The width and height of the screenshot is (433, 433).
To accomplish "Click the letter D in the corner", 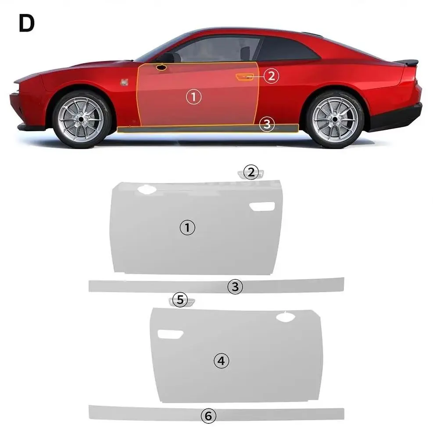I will [x=26, y=24].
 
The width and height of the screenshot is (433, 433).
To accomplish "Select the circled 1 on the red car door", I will [x=194, y=97].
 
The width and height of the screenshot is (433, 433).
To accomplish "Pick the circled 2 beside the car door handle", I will [x=272, y=76].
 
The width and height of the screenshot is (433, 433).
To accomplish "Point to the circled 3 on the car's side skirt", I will [x=266, y=124].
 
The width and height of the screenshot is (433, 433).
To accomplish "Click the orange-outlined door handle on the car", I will [x=244, y=77].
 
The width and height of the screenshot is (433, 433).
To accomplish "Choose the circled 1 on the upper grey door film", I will [x=187, y=227].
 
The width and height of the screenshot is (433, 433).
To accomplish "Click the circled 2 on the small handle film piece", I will [x=250, y=172].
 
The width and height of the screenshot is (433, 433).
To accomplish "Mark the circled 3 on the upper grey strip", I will [x=235, y=287].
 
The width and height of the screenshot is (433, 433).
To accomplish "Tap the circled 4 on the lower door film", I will [x=221, y=361].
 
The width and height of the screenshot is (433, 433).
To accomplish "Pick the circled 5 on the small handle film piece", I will [x=180, y=300].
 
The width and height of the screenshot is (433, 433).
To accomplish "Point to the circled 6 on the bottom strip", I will [x=208, y=416].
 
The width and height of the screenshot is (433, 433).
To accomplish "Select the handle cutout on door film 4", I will [x=170, y=335].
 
